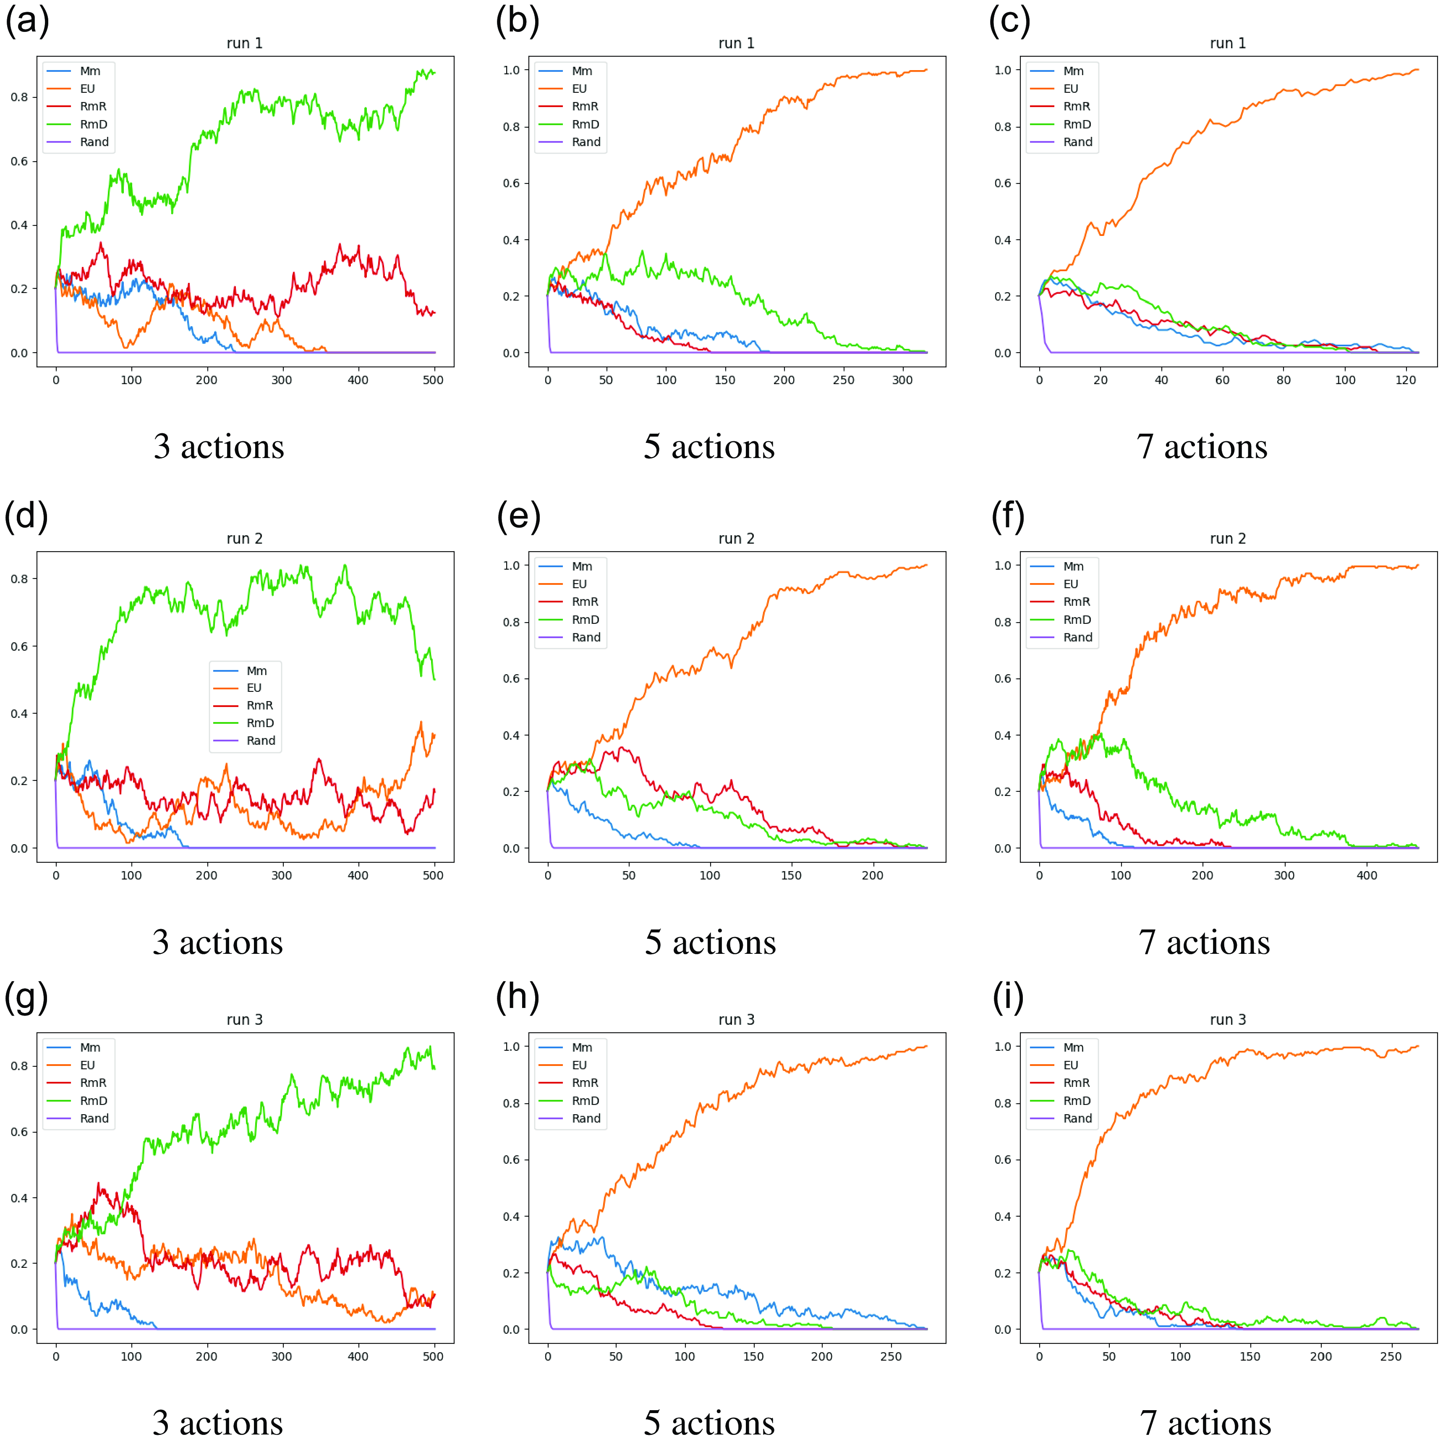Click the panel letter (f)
(x=1008, y=516)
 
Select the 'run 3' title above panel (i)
(x=1228, y=1019)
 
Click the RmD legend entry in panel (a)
(x=94, y=124)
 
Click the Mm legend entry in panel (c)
(x=1073, y=71)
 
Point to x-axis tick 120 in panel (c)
(x=1406, y=380)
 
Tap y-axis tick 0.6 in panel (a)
(x=19, y=161)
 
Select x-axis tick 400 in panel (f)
(x=1366, y=875)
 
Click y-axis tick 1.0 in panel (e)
(x=511, y=565)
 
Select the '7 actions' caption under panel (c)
(x=1202, y=447)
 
